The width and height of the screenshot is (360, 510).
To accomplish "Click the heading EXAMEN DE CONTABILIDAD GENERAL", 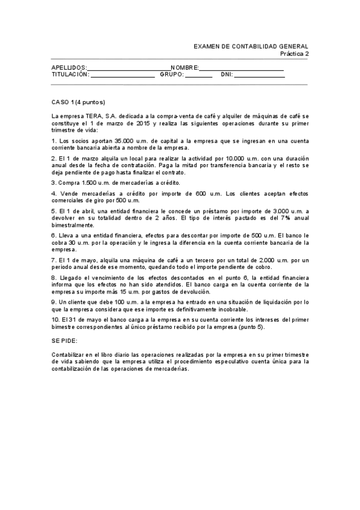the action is (x=251, y=46).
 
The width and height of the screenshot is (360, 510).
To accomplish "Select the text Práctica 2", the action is (x=294, y=54).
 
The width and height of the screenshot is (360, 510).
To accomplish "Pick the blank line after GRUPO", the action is (x=198, y=76).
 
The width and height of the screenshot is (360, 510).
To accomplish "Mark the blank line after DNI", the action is (x=259, y=76).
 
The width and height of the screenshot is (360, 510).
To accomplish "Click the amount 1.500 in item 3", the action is (x=85, y=182).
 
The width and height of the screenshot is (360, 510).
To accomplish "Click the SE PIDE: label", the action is (x=66, y=340).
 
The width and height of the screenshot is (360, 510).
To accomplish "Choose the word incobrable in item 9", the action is (x=231, y=309).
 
